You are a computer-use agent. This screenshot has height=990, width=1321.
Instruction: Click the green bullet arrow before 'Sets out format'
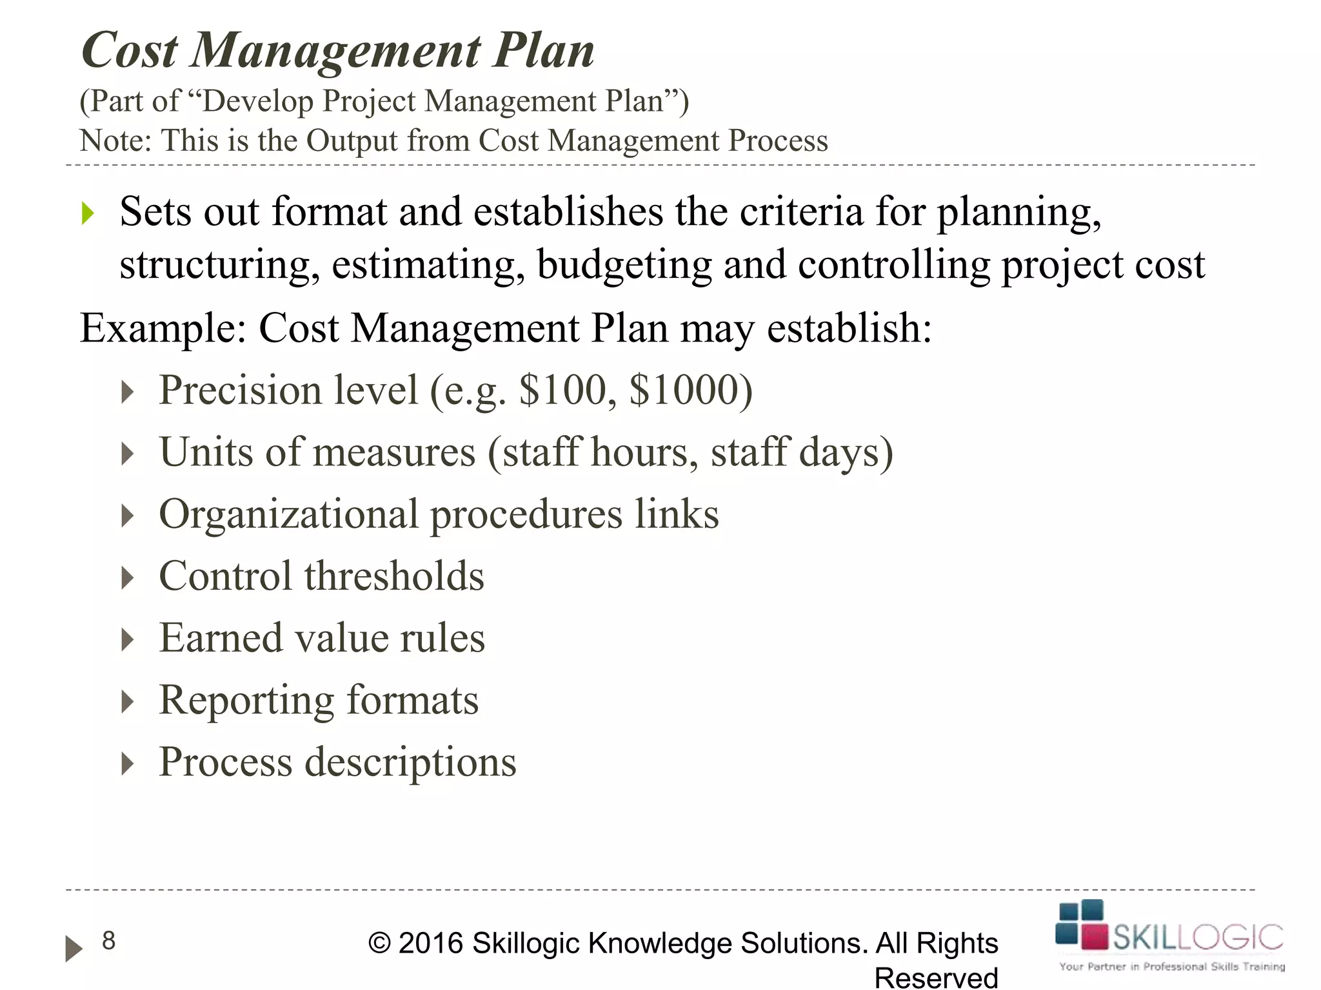pyautogui.click(x=88, y=213)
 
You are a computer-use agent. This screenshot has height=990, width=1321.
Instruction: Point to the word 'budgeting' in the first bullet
pyautogui.click(x=624, y=265)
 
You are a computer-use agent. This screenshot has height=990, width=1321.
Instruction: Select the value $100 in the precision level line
pyautogui.click(x=563, y=390)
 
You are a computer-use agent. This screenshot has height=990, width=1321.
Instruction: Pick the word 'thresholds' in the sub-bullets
pyautogui.click(x=394, y=576)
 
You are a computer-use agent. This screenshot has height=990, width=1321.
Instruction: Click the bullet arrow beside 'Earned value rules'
pyautogui.click(x=128, y=639)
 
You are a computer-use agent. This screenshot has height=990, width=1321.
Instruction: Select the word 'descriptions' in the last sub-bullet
pyautogui.click(x=410, y=762)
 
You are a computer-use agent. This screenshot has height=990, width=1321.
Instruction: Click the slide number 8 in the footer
pyautogui.click(x=109, y=941)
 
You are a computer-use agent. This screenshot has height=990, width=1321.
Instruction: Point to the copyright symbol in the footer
pyautogui.click(x=379, y=944)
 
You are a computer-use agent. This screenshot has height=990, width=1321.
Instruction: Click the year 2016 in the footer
pyautogui.click(x=431, y=944)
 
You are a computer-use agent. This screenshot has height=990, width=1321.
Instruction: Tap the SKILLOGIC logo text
pyautogui.click(x=1198, y=937)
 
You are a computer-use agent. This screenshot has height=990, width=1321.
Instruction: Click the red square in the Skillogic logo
pyautogui.click(x=1094, y=937)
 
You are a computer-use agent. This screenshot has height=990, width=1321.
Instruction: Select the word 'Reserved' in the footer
pyautogui.click(x=936, y=978)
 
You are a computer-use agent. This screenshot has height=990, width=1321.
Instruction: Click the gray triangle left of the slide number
pyautogui.click(x=74, y=948)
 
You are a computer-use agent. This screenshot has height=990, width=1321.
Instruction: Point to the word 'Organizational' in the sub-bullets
pyautogui.click(x=289, y=514)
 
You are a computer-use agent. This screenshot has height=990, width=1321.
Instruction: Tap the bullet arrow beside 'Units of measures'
pyautogui.click(x=128, y=454)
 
